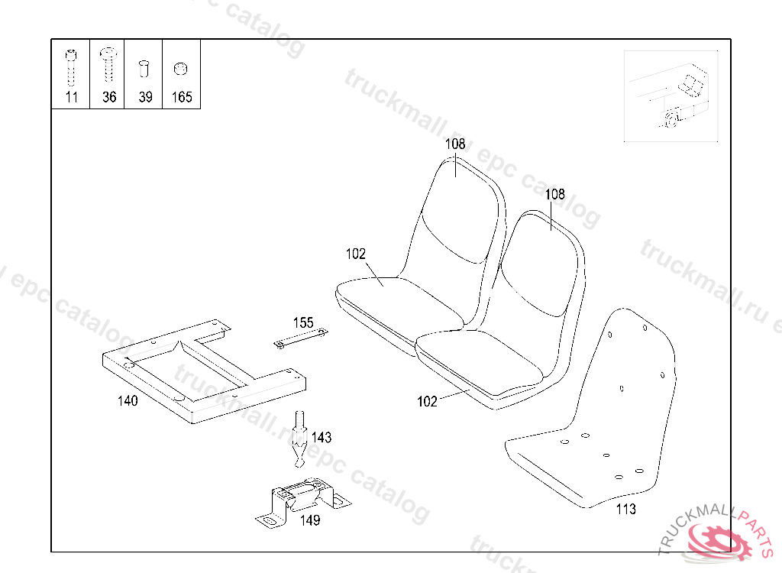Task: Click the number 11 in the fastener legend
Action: (x=71, y=97)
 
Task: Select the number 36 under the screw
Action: (x=108, y=97)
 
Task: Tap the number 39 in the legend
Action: (x=145, y=97)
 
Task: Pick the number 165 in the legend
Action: (x=182, y=97)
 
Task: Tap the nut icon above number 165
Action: (x=181, y=69)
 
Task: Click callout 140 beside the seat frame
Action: (x=128, y=401)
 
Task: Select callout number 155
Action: (x=303, y=322)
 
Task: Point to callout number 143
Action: (x=322, y=437)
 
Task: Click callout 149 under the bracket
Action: (x=309, y=520)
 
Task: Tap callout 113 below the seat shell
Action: (x=625, y=510)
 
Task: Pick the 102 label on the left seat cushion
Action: (x=355, y=254)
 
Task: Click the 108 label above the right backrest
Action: (x=554, y=194)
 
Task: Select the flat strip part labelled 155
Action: (x=300, y=338)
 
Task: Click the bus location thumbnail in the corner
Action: (x=671, y=95)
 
